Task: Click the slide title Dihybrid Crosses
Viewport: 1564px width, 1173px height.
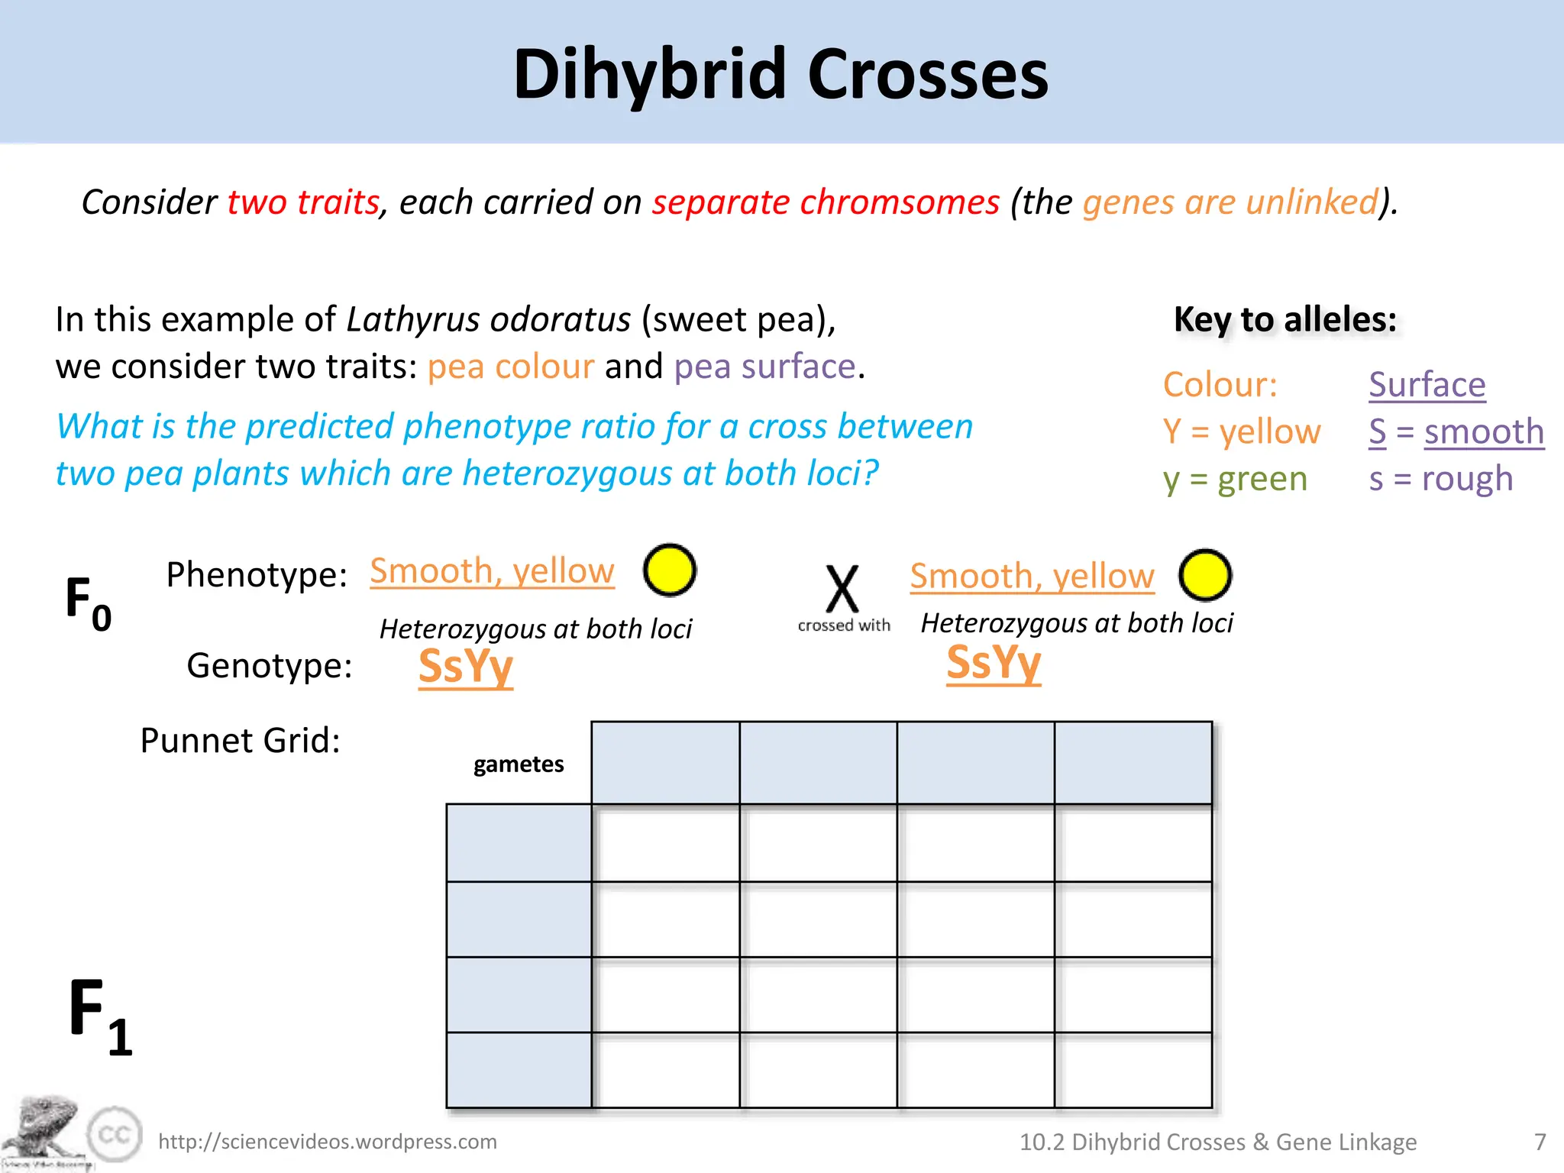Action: [x=780, y=74]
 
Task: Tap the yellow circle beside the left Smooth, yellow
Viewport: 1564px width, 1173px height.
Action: [x=669, y=570]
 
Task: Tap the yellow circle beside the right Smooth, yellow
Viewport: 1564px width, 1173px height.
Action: [x=1204, y=575]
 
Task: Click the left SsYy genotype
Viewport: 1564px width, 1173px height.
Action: [x=466, y=666]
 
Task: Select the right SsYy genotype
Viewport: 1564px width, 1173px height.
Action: [x=994, y=662]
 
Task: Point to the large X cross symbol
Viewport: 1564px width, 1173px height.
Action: [x=842, y=589]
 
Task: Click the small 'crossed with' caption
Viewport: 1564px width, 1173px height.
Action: [x=844, y=625]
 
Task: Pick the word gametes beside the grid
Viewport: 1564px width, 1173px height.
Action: [x=519, y=764]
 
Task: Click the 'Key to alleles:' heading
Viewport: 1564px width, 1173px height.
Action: [x=1285, y=319]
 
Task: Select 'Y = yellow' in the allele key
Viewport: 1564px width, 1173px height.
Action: [x=1242, y=431]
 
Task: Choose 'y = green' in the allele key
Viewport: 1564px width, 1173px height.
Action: [x=1235, y=479]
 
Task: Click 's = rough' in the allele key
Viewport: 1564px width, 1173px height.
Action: [x=1440, y=479]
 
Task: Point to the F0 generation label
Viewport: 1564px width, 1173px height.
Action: [x=88, y=603]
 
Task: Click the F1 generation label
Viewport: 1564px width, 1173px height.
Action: [x=100, y=1016]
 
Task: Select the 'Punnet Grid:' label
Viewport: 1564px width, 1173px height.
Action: [x=240, y=740]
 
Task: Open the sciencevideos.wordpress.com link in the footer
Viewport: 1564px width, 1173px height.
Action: [x=328, y=1142]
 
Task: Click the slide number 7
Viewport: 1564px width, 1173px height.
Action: [x=1540, y=1142]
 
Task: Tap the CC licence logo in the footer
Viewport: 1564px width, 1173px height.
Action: [x=115, y=1134]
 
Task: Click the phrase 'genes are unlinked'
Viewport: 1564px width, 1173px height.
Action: [x=1230, y=202]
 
